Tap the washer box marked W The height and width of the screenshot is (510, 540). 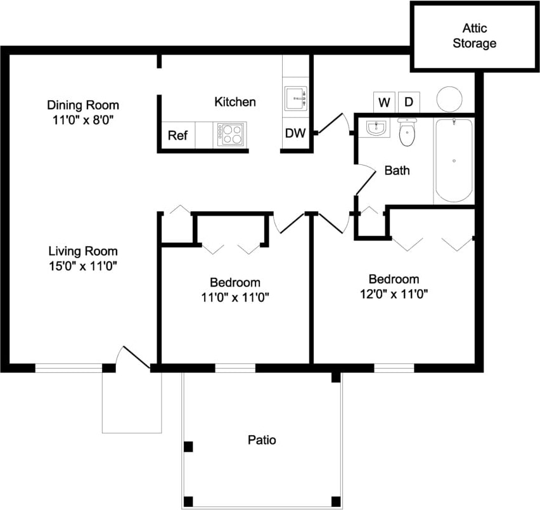384,101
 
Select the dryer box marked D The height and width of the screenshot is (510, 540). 409,101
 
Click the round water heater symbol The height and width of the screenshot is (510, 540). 449,98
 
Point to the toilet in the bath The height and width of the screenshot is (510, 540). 406,132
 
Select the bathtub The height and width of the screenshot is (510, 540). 453,160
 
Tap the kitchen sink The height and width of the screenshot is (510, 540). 295,98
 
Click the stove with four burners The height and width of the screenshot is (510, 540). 231,134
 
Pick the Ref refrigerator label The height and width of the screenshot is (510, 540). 177,136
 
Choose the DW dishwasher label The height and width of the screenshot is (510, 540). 295,134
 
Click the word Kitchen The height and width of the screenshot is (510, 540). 235,101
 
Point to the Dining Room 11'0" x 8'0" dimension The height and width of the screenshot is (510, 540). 83,119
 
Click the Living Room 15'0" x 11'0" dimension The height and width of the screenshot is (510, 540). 83,266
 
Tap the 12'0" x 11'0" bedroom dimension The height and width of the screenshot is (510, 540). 394,294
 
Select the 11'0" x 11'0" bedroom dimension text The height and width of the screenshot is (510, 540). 235,296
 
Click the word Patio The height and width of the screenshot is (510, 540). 262,440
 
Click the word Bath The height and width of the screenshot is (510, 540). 397,170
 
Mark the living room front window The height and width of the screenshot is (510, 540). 68,368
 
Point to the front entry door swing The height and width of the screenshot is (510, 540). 132,357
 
